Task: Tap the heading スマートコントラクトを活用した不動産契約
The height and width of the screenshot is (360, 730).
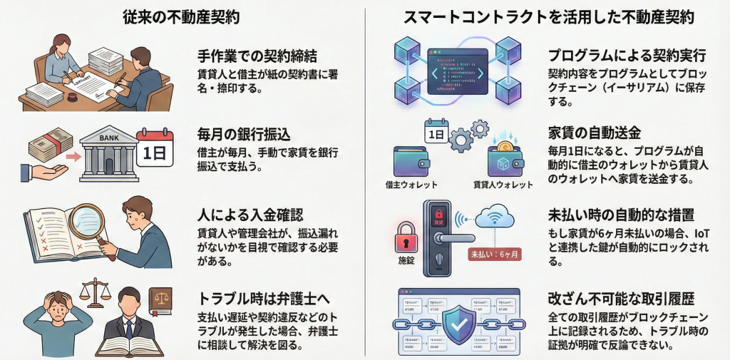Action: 548,16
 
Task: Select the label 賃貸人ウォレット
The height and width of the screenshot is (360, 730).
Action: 503,185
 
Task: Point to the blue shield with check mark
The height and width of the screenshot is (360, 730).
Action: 459,321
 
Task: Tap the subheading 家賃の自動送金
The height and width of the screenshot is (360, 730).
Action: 595,133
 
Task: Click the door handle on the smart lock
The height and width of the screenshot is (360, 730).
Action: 456,240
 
